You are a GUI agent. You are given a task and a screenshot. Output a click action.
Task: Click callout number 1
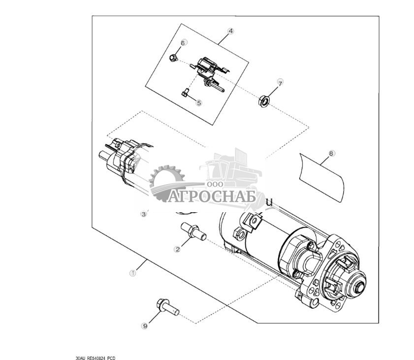[x=132, y=272]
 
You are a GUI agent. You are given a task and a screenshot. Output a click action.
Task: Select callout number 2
[x=177, y=249]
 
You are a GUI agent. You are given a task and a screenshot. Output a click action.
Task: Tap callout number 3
[x=144, y=214]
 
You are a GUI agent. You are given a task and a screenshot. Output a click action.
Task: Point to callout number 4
[x=230, y=31]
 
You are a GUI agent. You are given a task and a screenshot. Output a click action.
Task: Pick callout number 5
[x=199, y=103]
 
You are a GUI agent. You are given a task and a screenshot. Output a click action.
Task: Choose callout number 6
[x=182, y=43]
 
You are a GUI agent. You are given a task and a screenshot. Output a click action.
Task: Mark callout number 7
[x=280, y=83]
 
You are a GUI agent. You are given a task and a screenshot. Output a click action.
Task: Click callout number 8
[x=331, y=153]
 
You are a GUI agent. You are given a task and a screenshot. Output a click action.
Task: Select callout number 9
[x=145, y=326]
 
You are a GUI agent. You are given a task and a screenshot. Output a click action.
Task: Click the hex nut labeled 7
[x=263, y=101]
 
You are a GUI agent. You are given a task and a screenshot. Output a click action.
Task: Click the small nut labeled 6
[x=173, y=58]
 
